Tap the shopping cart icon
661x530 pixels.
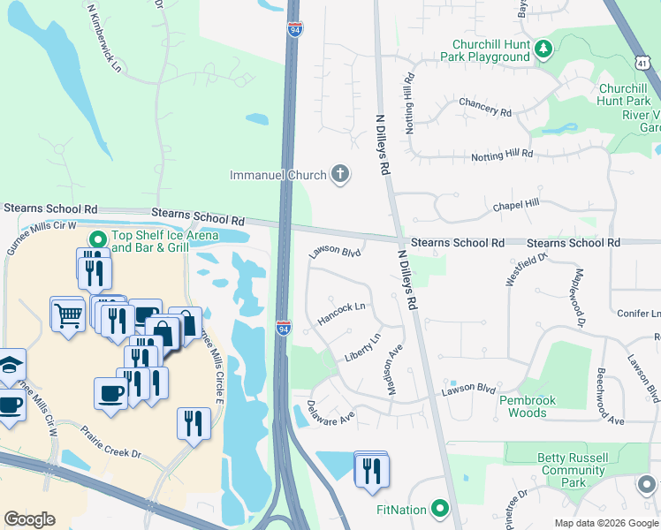[x=67, y=314]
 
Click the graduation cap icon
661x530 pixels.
[x=9, y=366]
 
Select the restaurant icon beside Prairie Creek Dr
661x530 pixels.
[x=194, y=423]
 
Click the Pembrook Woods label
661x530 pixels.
[x=528, y=406]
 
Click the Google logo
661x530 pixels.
[x=29, y=519]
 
